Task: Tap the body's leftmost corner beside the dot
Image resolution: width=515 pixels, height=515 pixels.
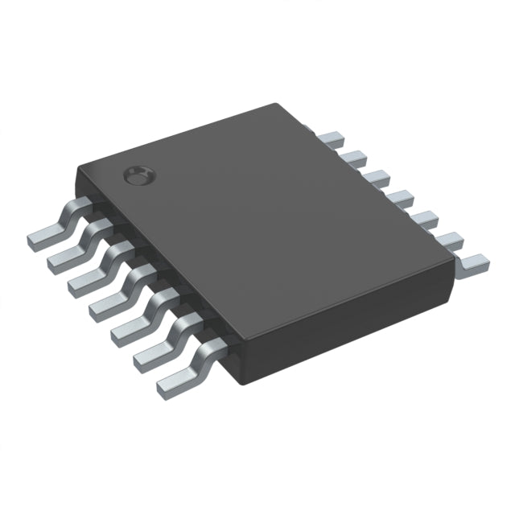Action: [x=76, y=167]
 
